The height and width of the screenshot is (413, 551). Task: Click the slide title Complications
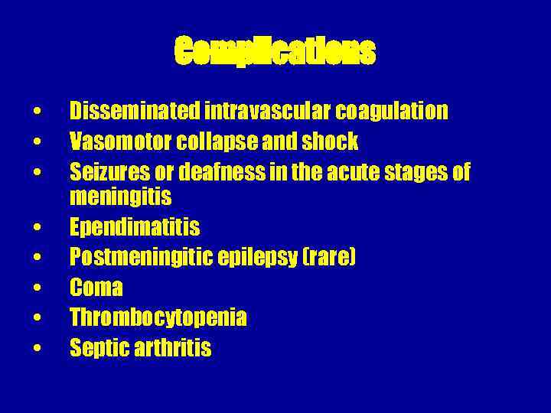click(275, 52)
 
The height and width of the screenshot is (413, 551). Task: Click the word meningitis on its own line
click(120, 197)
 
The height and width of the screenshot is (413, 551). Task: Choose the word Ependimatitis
click(135, 226)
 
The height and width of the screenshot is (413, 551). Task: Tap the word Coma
click(96, 288)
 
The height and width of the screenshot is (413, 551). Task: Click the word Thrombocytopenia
click(158, 317)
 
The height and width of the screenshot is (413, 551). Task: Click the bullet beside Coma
click(37, 288)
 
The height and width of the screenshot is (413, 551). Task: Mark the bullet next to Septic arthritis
click(37, 349)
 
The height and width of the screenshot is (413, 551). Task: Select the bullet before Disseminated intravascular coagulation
click(37, 112)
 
